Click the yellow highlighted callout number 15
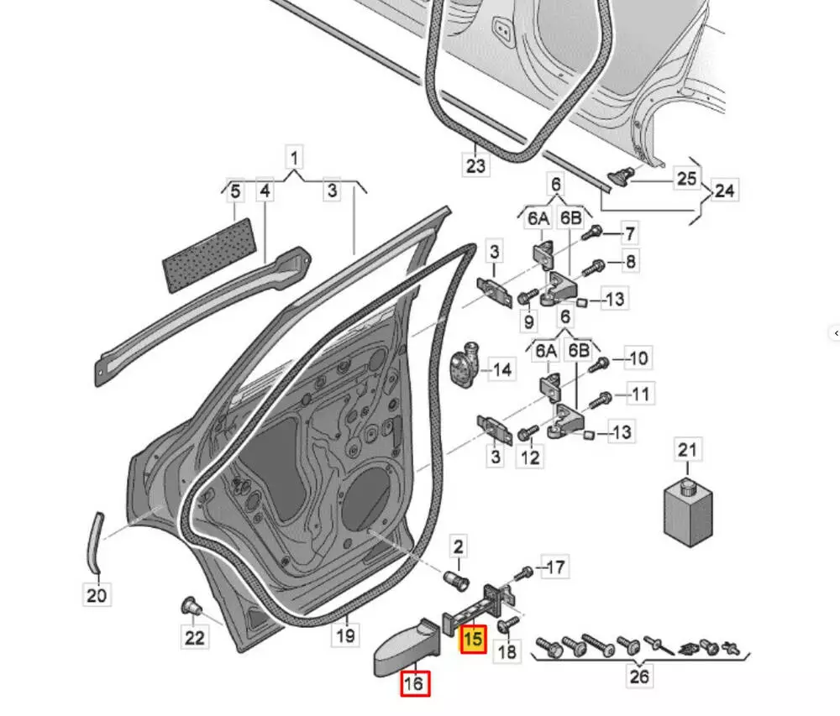click(x=473, y=639)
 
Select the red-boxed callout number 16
click(x=413, y=684)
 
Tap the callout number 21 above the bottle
click(x=688, y=450)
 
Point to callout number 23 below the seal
click(x=475, y=165)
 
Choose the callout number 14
click(x=501, y=369)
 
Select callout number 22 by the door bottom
click(x=195, y=638)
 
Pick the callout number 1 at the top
click(x=295, y=157)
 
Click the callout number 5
click(x=236, y=191)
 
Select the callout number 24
click(x=724, y=191)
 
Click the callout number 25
click(x=686, y=178)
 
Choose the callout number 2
click(x=458, y=547)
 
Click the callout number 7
click(x=629, y=233)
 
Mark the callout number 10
click(x=638, y=359)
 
